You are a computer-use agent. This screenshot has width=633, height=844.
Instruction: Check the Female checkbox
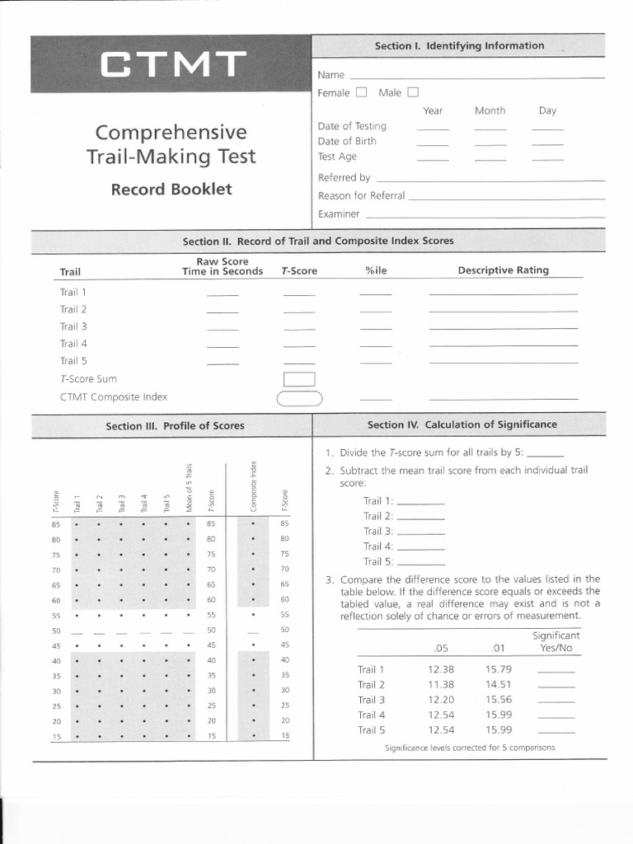(x=361, y=92)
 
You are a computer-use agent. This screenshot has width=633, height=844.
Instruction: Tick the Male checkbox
(x=413, y=92)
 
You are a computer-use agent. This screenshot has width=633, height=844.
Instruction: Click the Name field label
(x=331, y=75)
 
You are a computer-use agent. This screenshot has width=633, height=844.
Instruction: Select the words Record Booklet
(x=171, y=189)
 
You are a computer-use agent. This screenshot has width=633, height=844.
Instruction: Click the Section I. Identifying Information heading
(x=459, y=45)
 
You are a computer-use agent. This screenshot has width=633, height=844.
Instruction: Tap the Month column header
(x=490, y=110)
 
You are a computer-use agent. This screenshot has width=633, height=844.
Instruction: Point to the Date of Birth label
(x=347, y=141)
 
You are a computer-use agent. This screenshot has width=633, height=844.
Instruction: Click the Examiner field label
(x=339, y=213)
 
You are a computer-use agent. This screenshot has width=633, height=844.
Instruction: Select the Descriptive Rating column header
(x=503, y=270)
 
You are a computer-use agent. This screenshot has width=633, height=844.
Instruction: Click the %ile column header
(x=376, y=270)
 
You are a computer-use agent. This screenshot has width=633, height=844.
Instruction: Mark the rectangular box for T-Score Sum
(x=299, y=379)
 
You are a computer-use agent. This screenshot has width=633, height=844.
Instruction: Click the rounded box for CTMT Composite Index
(x=299, y=398)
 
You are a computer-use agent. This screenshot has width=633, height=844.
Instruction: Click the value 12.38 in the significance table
(x=441, y=669)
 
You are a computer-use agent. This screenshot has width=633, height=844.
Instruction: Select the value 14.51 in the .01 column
(x=499, y=684)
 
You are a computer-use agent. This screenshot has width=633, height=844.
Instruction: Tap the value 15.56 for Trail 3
(x=499, y=700)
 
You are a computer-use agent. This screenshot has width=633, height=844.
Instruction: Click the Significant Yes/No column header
(x=556, y=642)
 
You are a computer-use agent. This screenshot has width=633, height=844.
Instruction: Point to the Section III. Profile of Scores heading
(x=175, y=426)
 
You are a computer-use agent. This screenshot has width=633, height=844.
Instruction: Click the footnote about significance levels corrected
(x=470, y=748)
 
